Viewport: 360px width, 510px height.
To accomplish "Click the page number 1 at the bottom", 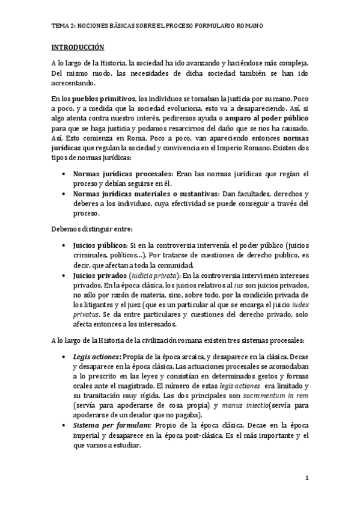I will (x=306, y=478).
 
